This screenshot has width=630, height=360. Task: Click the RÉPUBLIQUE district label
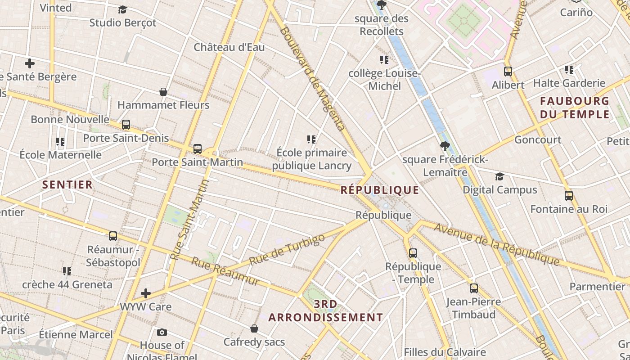point(380,190)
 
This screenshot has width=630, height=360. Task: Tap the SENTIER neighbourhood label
point(67,184)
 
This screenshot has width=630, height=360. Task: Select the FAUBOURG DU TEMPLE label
point(575,108)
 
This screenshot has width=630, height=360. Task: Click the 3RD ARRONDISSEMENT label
point(326,311)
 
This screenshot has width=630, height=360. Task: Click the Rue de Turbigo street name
point(287,249)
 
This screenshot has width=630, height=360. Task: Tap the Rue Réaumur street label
point(225,271)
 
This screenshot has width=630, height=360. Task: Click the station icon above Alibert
point(508,71)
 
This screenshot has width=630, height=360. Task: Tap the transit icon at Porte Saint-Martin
point(197,148)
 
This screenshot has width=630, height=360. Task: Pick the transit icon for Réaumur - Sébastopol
point(113,236)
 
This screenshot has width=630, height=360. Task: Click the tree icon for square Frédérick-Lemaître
point(445,146)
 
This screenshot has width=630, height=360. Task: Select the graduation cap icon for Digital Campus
point(499,176)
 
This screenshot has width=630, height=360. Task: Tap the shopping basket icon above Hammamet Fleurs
point(163,92)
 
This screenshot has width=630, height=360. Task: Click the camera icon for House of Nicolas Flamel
point(162,332)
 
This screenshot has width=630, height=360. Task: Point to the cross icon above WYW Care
point(146,293)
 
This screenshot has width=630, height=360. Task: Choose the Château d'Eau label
point(229,47)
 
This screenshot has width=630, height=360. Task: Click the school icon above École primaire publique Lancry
point(311,139)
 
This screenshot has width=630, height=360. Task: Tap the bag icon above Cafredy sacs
point(254,328)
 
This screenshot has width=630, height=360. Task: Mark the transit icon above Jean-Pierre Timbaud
point(473,288)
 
